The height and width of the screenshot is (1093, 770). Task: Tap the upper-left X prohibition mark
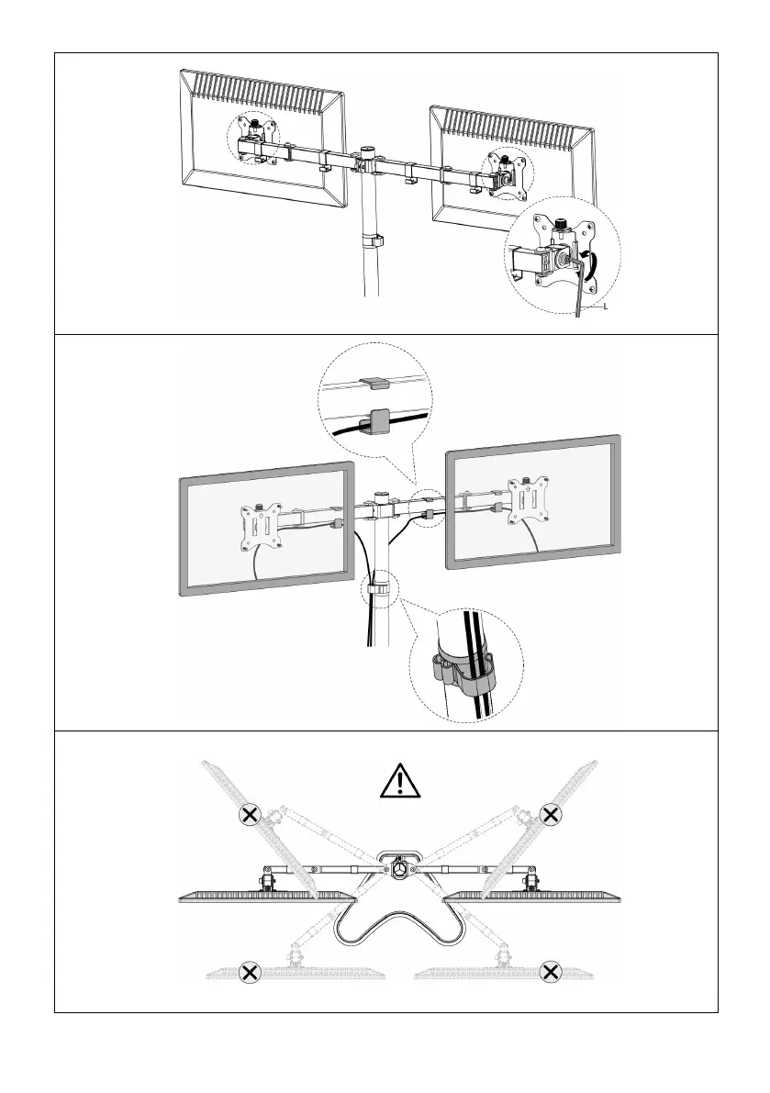click(x=247, y=814)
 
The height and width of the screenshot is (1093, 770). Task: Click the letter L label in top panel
click(x=606, y=308)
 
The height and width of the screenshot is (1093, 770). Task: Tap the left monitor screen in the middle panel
click(x=220, y=541)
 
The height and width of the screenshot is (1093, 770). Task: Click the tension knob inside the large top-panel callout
click(x=559, y=221)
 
